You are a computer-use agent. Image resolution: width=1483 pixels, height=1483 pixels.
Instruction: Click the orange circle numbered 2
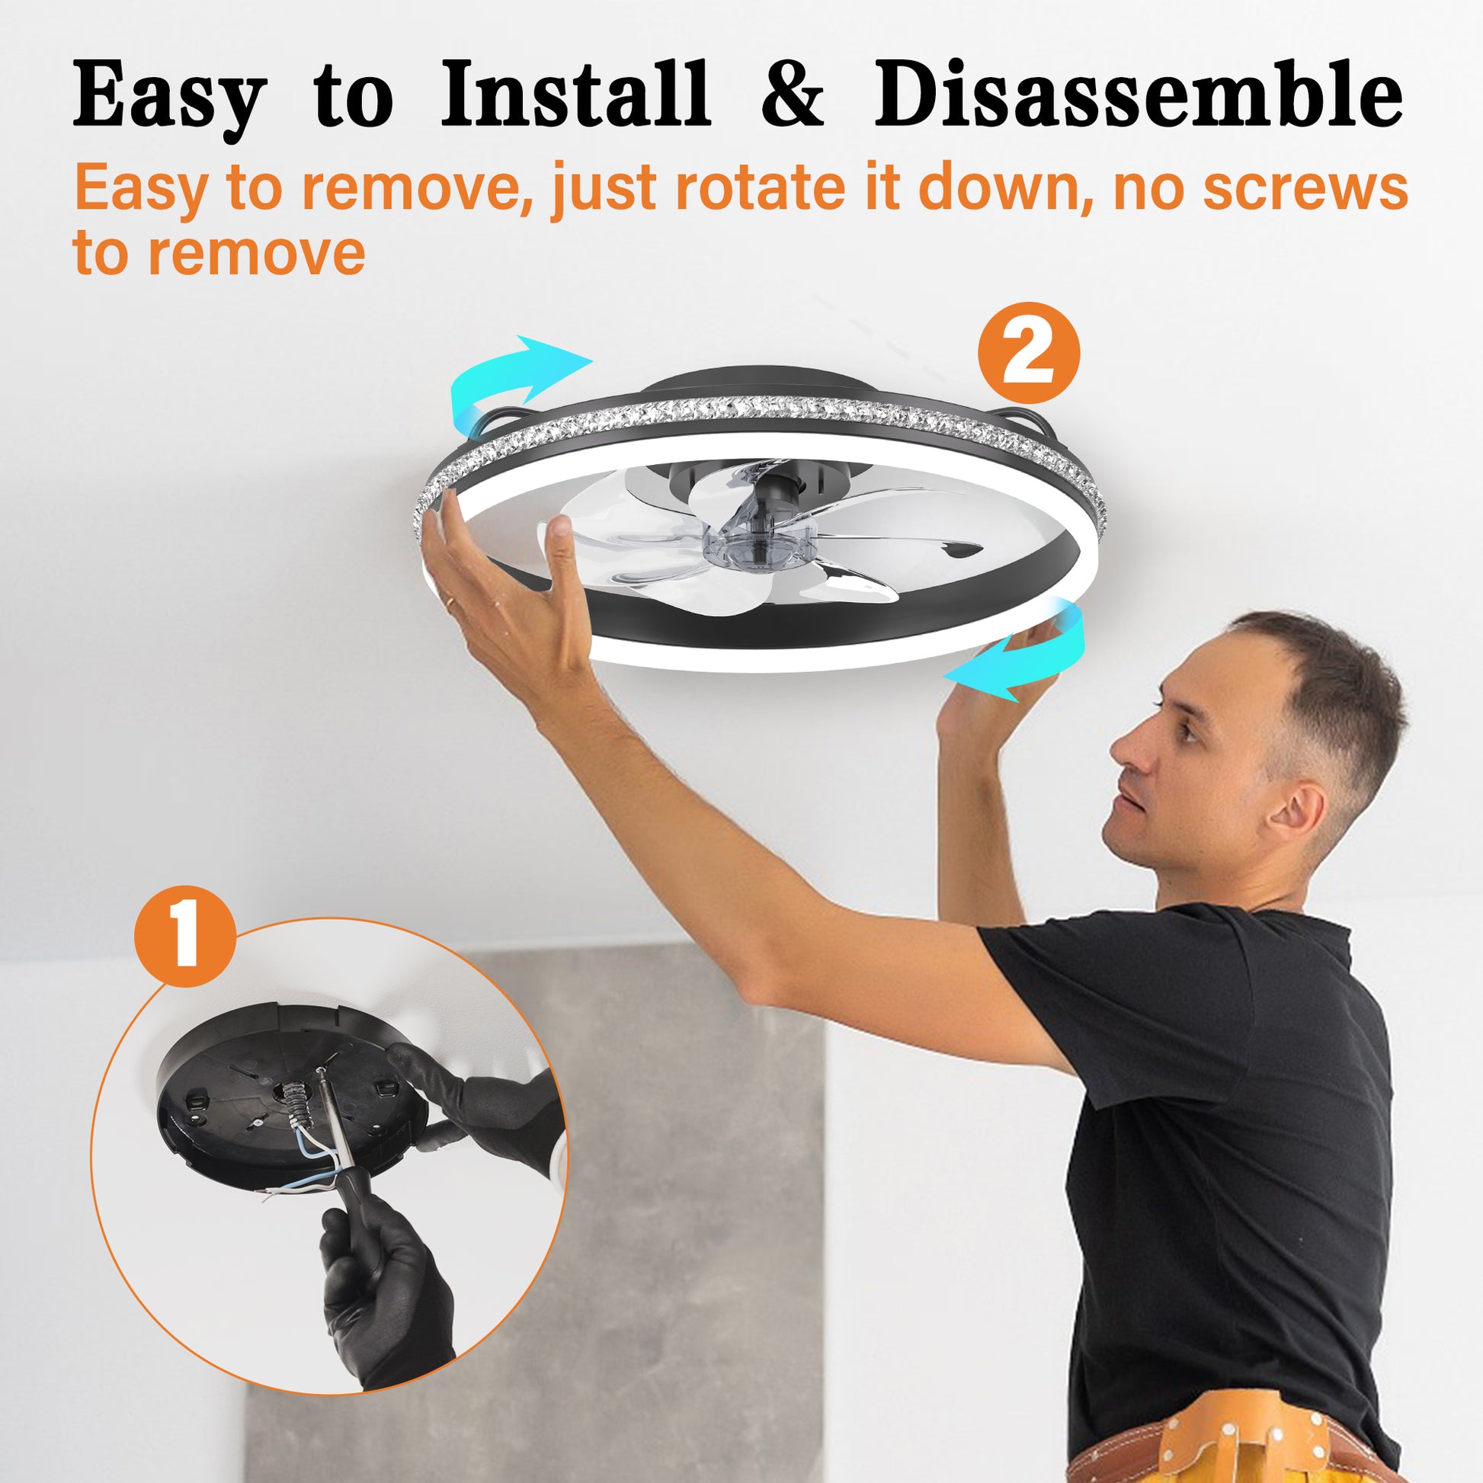[x=1029, y=353]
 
